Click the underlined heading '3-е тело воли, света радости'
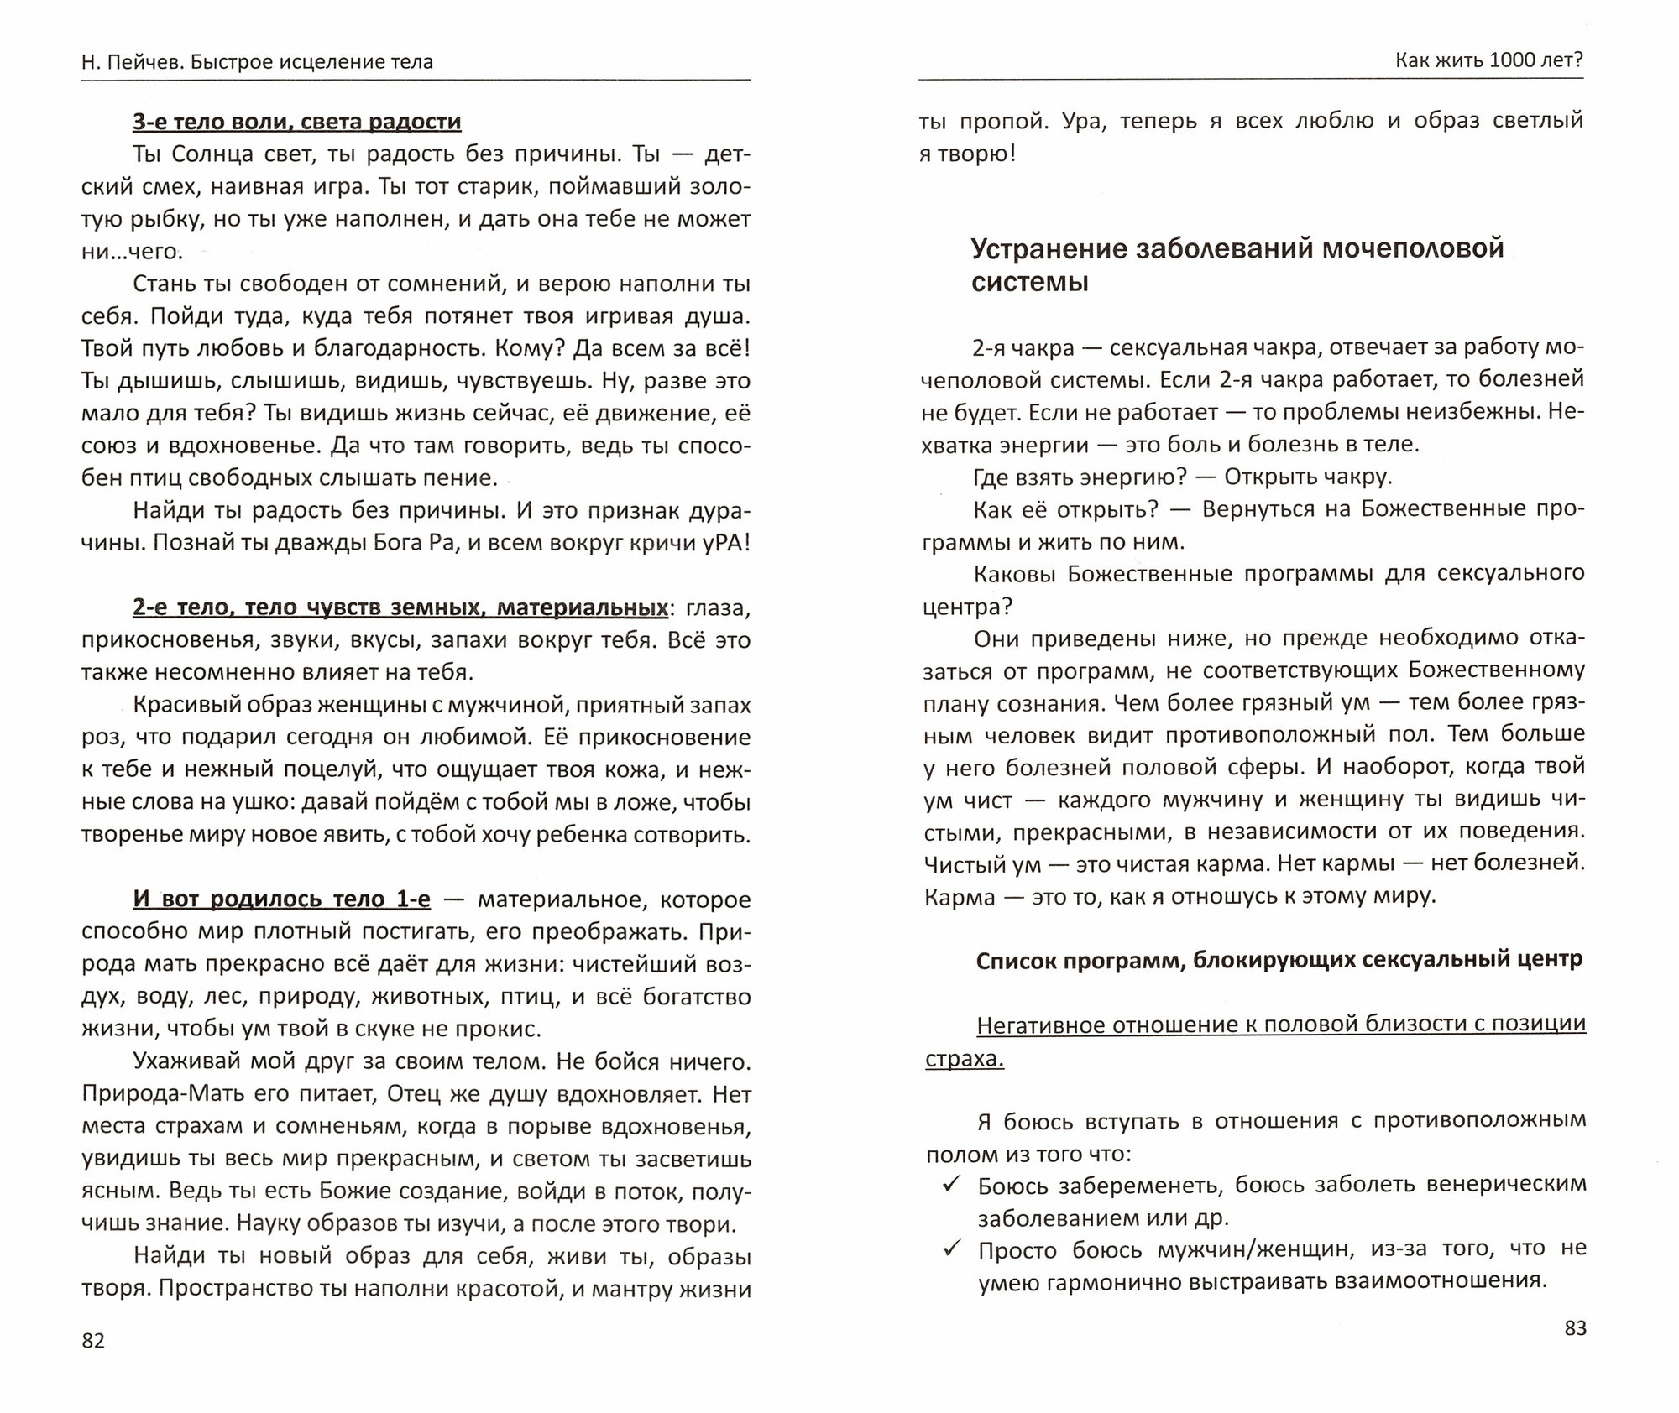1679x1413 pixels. pyautogui.click(x=296, y=123)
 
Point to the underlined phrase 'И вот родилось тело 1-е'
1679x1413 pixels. pyautogui.click(x=281, y=899)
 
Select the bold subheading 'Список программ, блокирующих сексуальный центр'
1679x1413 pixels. pyautogui.click(x=1279, y=959)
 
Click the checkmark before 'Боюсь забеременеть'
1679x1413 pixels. pyautogui.click(x=951, y=1184)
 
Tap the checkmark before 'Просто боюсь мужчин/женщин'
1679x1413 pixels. pyautogui.click(x=951, y=1249)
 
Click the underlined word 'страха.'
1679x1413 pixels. pyautogui.click(x=965, y=1059)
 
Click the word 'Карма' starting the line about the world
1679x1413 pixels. pyautogui.click(x=959, y=897)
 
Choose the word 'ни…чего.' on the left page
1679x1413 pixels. pyautogui.click(x=131, y=252)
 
